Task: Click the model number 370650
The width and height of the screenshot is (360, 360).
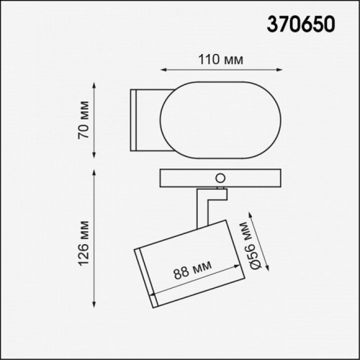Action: coord(302,24)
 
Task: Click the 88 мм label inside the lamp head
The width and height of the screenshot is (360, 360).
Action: coord(191,273)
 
